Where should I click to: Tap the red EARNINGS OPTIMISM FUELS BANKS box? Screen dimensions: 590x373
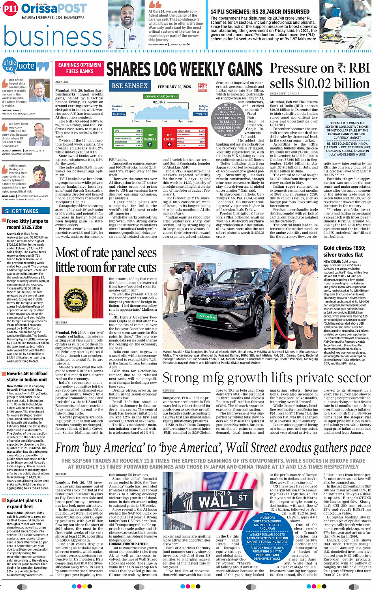[x=80, y=68]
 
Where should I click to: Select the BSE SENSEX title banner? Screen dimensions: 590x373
[x=129, y=86]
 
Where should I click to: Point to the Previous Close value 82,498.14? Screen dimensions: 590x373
[x=119, y=114]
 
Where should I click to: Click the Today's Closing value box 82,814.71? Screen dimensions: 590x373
[x=200, y=114]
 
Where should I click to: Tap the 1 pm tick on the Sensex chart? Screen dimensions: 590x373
[x=164, y=121]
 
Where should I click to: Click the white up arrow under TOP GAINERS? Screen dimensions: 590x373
[x=150, y=144]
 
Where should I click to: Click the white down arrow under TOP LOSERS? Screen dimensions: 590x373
[x=169, y=144]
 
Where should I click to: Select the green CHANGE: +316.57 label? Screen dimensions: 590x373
[x=161, y=96]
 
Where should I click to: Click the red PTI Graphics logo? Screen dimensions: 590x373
[x=202, y=87]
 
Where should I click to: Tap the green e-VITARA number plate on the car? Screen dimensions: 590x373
[x=207, y=316]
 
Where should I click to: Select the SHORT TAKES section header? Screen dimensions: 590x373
[x=22, y=211]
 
